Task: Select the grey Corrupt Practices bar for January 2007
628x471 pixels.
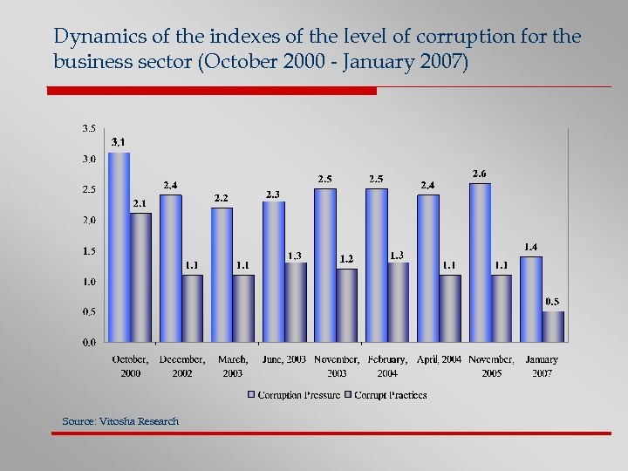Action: pyautogui.click(x=553, y=326)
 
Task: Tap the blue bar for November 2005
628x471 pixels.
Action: pyautogui.click(x=480, y=262)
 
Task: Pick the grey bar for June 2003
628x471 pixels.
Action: pyautogui.click(x=296, y=302)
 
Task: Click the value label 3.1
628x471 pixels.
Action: pyautogui.click(x=118, y=142)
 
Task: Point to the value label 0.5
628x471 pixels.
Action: pyautogui.click(x=552, y=302)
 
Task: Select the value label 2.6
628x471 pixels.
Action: pyautogui.click(x=479, y=174)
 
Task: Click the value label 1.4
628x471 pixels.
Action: pyautogui.click(x=530, y=247)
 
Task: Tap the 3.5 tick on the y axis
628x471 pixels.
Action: pyautogui.click(x=89, y=128)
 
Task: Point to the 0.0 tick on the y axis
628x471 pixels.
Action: pyautogui.click(x=89, y=342)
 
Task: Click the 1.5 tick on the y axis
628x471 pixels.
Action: pyautogui.click(x=89, y=250)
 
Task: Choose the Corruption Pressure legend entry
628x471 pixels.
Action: pyautogui.click(x=293, y=395)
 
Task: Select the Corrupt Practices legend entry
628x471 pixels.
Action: pyautogui.click(x=387, y=395)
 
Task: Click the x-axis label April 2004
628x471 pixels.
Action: pyautogui.click(x=439, y=358)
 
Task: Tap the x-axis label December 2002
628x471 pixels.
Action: pyautogui.click(x=182, y=365)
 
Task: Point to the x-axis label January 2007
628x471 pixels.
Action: pyautogui.click(x=542, y=365)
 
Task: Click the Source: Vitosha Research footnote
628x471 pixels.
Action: pyautogui.click(x=120, y=421)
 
